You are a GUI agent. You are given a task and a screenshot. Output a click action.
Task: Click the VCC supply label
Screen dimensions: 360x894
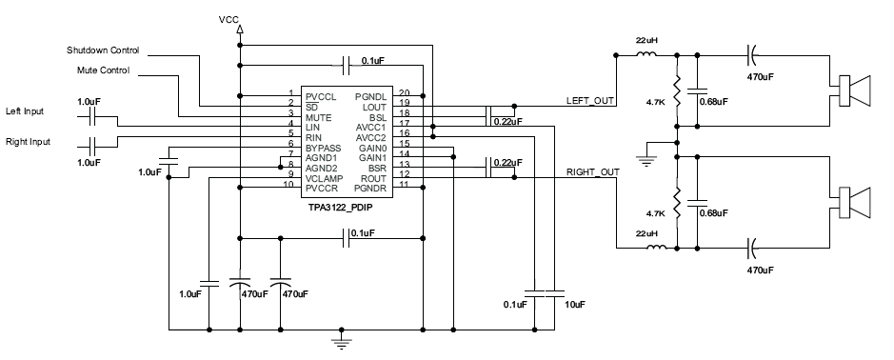coord(228,19)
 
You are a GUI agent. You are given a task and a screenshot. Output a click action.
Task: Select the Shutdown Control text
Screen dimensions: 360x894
coord(103,50)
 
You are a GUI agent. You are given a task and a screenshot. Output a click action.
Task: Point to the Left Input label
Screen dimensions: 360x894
coord(26,110)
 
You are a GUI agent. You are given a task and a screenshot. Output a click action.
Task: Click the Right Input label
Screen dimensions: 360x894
coord(29,142)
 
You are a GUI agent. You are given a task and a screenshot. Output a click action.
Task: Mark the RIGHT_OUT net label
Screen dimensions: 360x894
coord(593,172)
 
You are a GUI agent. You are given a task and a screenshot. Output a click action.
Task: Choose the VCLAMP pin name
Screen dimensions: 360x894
coord(326,177)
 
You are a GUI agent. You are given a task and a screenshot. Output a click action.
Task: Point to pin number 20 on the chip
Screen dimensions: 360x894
coord(404,96)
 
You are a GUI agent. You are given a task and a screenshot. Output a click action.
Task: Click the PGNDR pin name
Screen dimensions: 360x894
coord(368,188)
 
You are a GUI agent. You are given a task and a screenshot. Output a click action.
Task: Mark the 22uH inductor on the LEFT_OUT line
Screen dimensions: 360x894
coord(647,55)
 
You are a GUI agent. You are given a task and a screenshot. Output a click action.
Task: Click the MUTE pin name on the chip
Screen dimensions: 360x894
coord(319,117)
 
